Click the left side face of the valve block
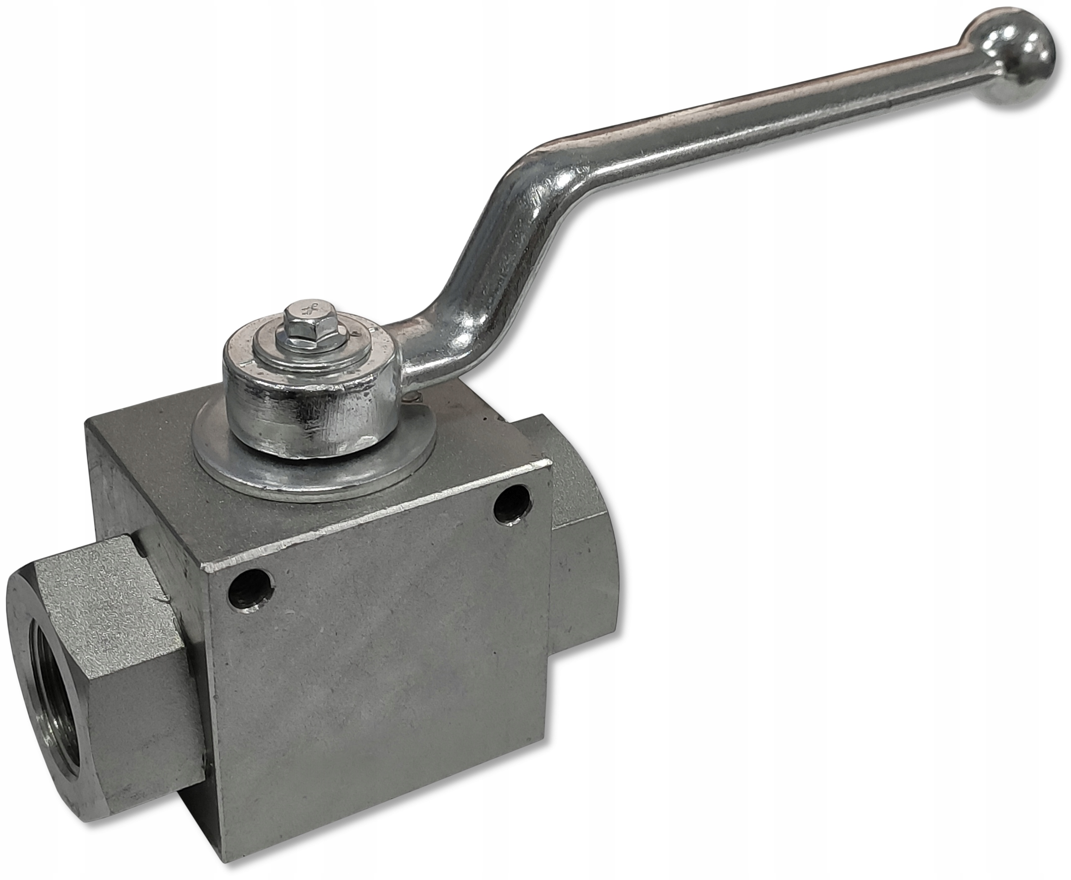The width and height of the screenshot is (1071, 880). coord(152,532)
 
